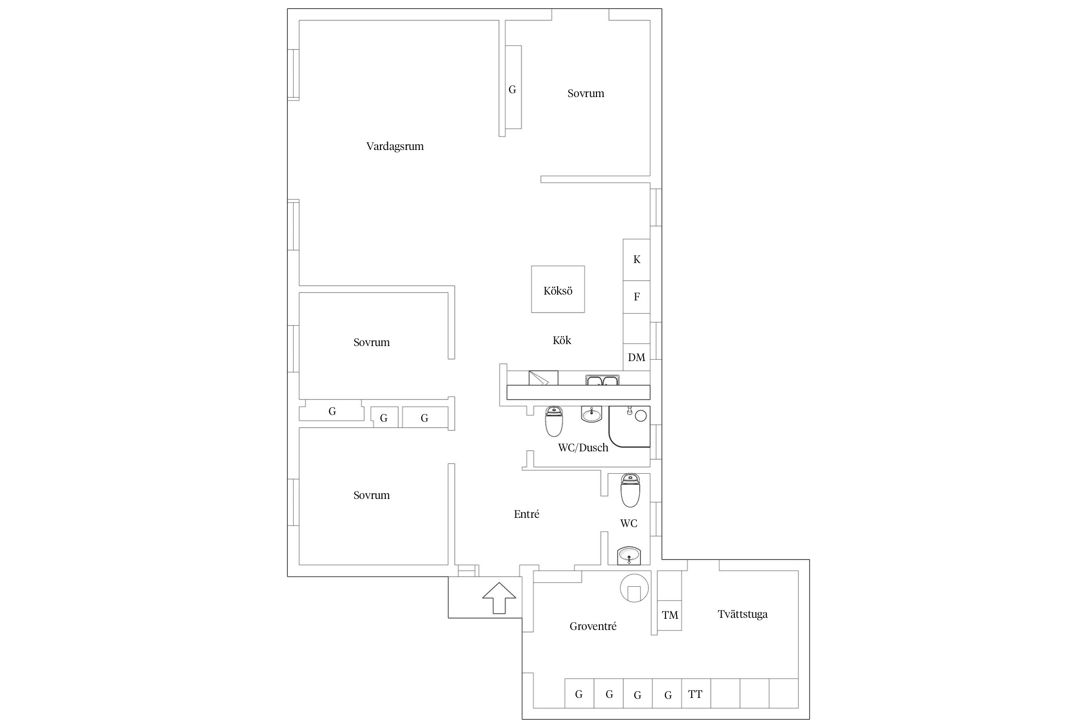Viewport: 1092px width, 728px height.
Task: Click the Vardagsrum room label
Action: click(395, 147)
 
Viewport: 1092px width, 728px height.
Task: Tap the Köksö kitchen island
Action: click(558, 289)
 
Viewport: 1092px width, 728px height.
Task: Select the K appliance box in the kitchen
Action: click(636, 260)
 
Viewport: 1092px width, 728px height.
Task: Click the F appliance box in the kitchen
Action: click(636, 297)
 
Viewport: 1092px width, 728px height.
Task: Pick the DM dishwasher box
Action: click(636, 358)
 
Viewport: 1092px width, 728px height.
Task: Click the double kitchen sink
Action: click(602, 380)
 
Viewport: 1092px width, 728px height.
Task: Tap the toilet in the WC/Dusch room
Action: click(554, 422)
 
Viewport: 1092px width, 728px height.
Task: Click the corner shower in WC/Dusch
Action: click(629, 427)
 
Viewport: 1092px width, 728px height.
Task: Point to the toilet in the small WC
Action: click(630, 490)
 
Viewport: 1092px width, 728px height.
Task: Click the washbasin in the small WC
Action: click(629, 556)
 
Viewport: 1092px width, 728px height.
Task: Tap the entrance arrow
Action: click(499, 598)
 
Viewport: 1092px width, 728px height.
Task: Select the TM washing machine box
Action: click(670, 615)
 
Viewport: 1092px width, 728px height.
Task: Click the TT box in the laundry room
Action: click(695, 694)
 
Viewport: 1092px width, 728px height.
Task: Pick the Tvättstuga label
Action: click(743, 614)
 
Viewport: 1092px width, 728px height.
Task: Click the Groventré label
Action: click(593, 626)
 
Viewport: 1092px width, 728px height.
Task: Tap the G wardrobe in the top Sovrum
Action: click(513, 87)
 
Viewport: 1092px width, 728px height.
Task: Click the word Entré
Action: click(527, 514)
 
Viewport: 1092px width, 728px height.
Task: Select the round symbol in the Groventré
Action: click(634, 588)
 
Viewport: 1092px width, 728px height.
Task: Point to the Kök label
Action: click(562, 340)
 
